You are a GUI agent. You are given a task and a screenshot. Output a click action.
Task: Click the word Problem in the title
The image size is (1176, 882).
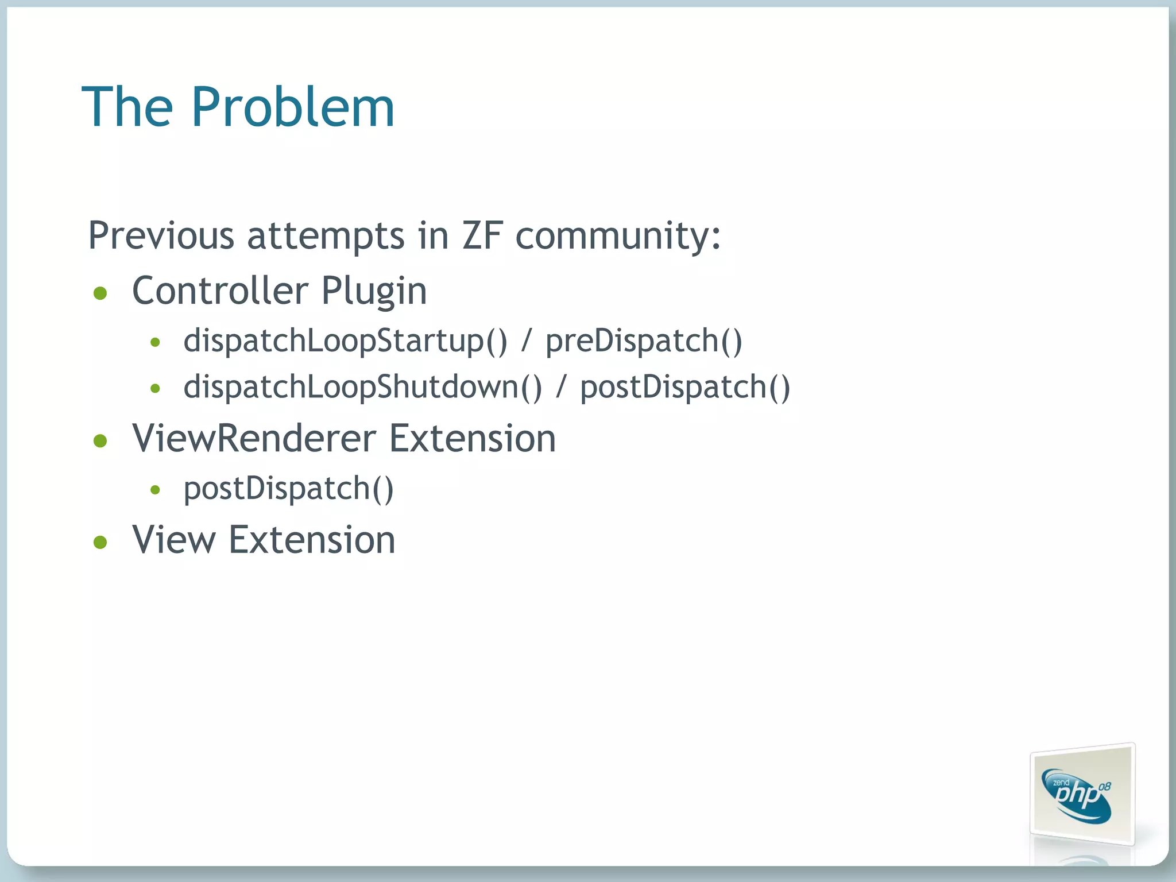[293, 107]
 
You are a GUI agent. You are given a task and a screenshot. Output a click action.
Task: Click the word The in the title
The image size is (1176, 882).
[127, 107]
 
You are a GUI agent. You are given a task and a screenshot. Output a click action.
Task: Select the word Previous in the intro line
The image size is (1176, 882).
[161, 235]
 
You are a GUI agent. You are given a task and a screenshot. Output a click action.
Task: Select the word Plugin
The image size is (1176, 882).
[374, 292]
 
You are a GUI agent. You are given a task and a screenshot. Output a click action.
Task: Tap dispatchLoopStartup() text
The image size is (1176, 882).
[345, 341]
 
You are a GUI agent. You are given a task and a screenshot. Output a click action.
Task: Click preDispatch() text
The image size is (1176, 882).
[644, 341]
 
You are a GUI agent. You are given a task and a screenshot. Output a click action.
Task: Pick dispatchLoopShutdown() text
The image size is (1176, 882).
[362, 387]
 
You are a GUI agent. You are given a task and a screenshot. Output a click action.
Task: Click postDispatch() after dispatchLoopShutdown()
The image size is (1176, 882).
[685, 387]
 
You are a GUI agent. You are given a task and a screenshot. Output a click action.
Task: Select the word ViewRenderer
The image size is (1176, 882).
[253, 439]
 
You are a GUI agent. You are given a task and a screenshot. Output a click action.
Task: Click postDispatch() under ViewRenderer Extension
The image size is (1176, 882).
[288, 489]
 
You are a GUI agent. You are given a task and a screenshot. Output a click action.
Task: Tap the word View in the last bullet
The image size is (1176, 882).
[174, 540]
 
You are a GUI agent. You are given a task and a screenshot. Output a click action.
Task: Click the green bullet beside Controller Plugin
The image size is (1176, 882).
[100, 293]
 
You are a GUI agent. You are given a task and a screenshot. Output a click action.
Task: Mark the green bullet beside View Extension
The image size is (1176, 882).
[100, 542]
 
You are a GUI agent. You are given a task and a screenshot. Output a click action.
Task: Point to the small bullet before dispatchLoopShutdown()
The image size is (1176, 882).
[154, 389]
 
